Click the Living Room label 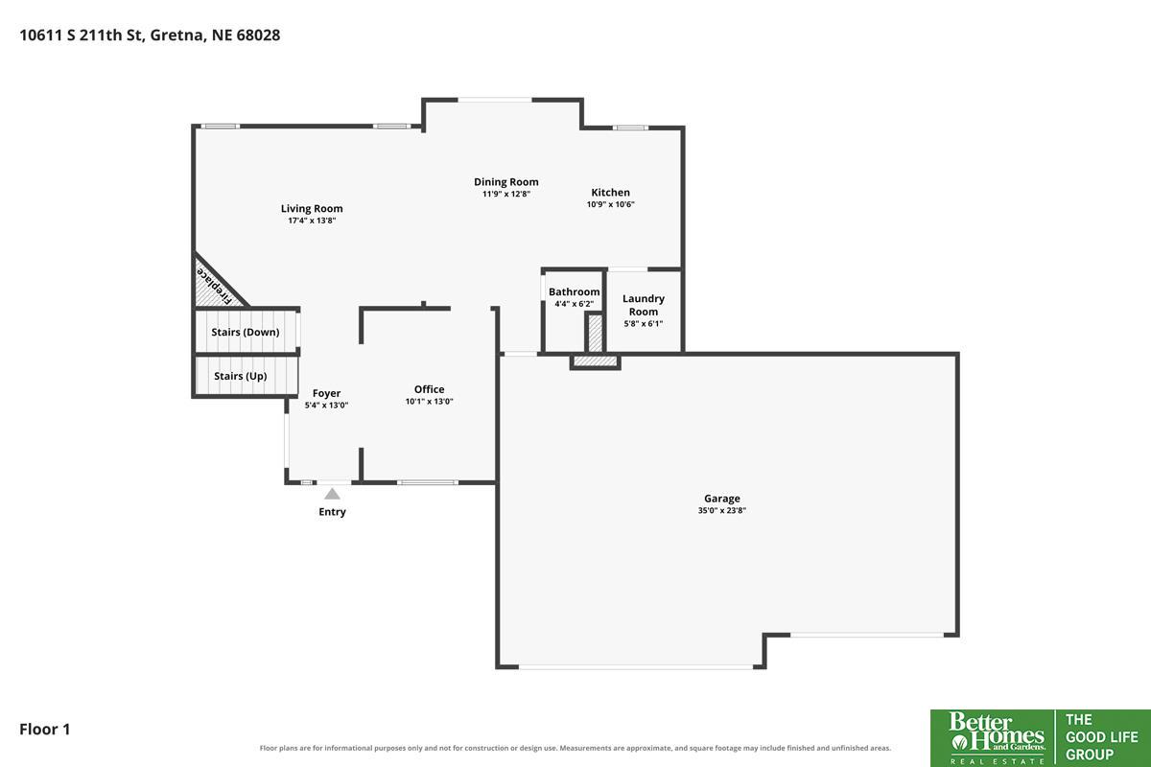pos(312,209)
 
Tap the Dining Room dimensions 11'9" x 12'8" pos(506,194)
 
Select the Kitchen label pos(610,192)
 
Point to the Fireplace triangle pos(215,285)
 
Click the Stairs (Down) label pos(246,332)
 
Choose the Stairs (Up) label pos(241,376)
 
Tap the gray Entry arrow pos(332,494)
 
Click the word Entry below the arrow pos(332,512)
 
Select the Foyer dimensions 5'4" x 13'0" pos(326,405)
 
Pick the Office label pos(429,389)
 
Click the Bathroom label pos(574,291)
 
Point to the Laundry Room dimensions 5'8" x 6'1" pos(644,324)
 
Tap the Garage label pos(722,499)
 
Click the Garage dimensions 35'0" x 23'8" pos(722,510)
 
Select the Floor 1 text pos(45,729)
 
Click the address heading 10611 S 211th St pos(81,35)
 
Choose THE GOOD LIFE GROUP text pos(1102,737)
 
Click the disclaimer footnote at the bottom pos(575,748)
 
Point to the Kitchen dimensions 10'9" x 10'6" pos(610,204)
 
